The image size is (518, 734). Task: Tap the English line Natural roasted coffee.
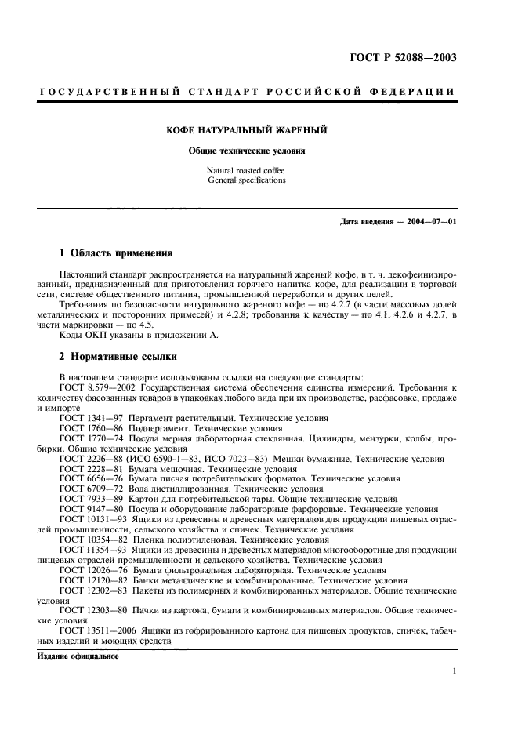[x=247, y=170]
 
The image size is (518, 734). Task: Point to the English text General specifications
[x=247, y=180]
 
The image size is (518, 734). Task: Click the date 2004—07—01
[x=428, y=222]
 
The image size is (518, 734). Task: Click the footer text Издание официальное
[x=78, y=656]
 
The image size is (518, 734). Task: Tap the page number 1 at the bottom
[x=454, y=671]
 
